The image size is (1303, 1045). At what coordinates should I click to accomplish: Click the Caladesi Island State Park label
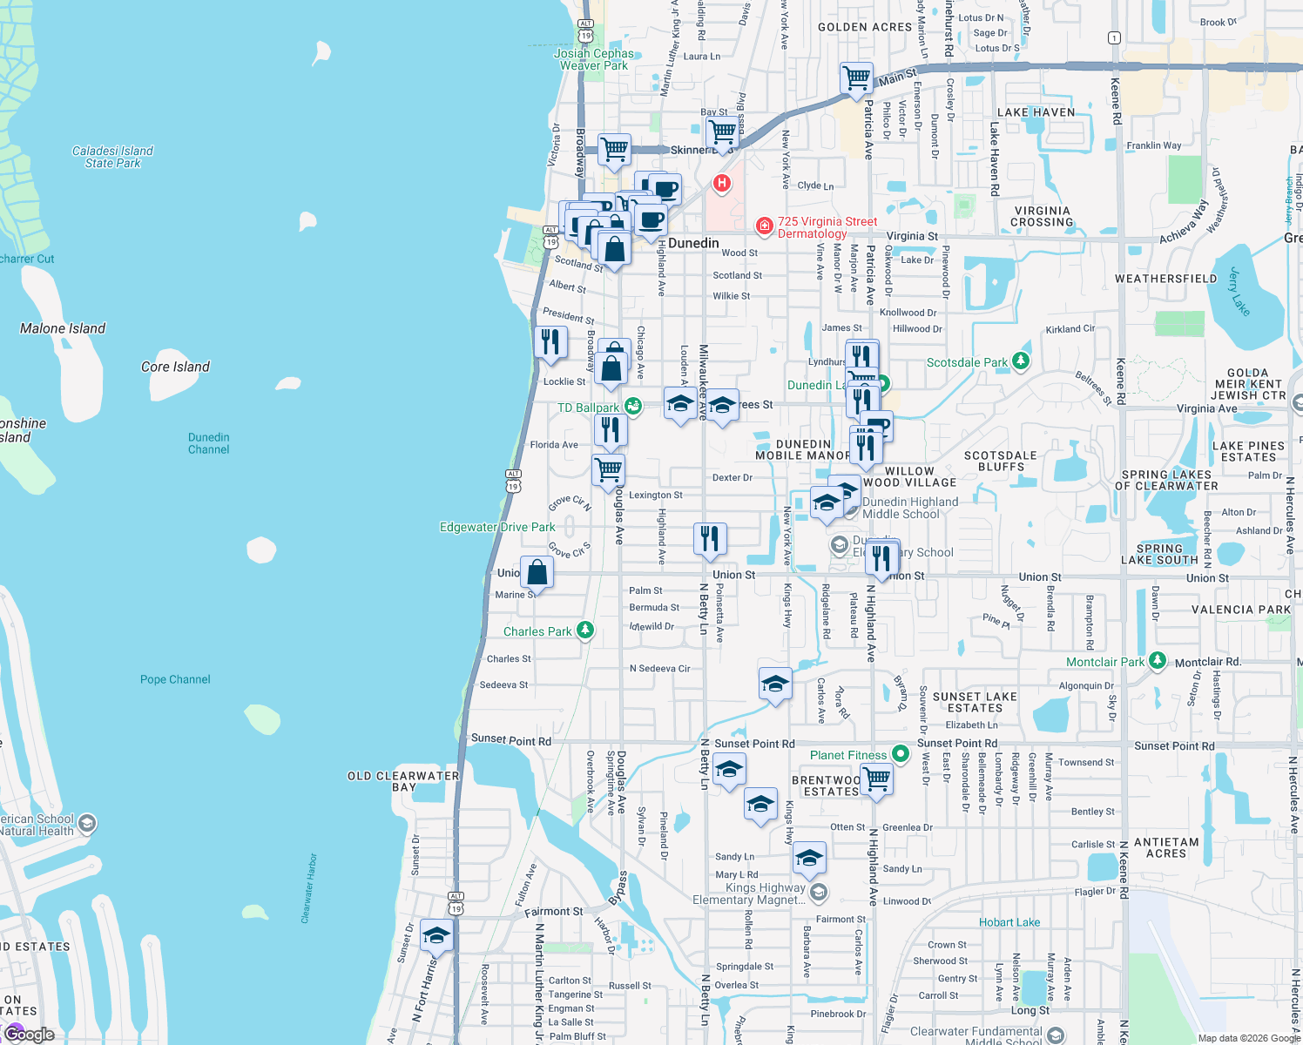(x=112, y=157)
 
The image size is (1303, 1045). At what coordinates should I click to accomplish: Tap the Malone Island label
(x=63, y=328)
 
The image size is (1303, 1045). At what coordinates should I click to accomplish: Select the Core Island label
(x=175, y=367)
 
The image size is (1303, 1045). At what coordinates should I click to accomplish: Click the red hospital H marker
(x=721, y=184)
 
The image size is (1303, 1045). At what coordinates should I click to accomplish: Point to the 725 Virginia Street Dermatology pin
(x=764, y=226)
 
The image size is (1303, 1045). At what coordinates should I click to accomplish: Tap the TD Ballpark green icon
(x=633, y=406)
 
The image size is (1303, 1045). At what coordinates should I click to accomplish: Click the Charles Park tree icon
(x=585, y=630)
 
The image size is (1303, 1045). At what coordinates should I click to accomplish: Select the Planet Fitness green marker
(x=901, y=754)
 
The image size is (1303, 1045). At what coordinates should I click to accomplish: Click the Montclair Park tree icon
(x=1157, y=661)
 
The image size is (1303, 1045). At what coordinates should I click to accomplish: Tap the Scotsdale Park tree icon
(x=1021, y=361)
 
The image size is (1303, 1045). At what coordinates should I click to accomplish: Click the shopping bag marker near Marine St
(x=537, y=573)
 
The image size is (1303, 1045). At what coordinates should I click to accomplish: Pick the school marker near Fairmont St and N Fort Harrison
(x=436, y=936)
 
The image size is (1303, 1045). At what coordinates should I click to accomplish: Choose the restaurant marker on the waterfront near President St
(x=550, y=341)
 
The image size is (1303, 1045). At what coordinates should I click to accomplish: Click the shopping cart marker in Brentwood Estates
(x=876, y=779)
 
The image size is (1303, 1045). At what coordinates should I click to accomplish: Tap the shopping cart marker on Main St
(x=857, y=78)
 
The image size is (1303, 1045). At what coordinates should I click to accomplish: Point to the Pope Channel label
(x=175, y=679)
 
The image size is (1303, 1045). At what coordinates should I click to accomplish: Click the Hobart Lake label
(x=1009, y=922)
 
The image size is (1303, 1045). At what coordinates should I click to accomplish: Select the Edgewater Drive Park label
(x=497, y=527)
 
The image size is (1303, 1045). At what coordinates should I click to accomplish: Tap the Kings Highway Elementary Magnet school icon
(x=818, y=892)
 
